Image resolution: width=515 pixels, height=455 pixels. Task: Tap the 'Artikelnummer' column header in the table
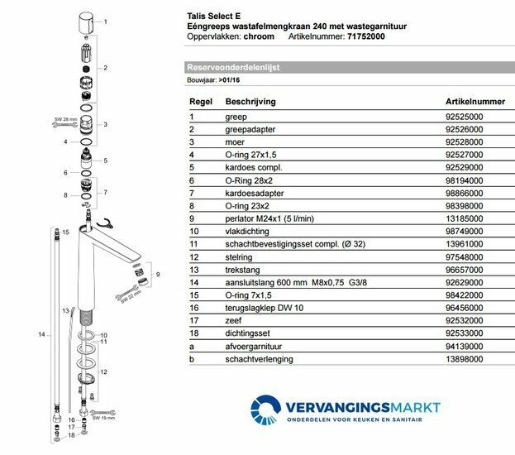[x=474, y=101]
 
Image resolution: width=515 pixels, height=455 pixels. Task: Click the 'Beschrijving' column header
[x=250, y=101]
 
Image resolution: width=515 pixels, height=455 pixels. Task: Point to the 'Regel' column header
[x=201, y=101]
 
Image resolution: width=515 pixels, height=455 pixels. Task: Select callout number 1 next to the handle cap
[x=105, y=21]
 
